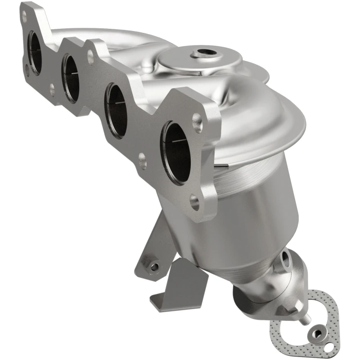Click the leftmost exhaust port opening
pyautogui.click(x=36, y=52)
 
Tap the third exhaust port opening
pyautogui.click(x=116, y=110)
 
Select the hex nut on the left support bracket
pyautogui.click(x=154, y=266)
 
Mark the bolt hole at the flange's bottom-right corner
pyautogui.click(x=195, y=202)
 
